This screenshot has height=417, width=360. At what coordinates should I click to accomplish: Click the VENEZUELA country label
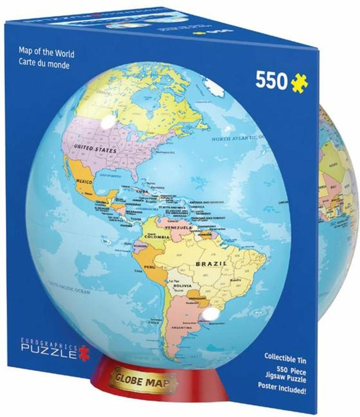(179, 228)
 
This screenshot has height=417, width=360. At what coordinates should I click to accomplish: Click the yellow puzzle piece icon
(299, 82)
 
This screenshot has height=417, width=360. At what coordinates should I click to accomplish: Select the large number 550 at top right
(271, 82)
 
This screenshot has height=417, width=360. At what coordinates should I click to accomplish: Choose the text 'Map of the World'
(47, 55)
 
